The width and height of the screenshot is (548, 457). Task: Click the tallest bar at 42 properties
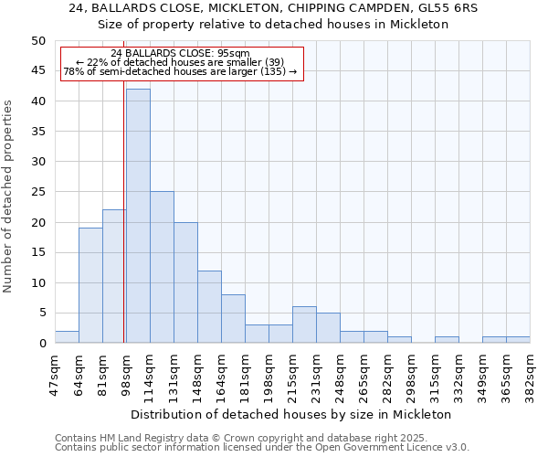click(x=138, y=216)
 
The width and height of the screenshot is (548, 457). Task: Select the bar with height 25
click(x=162, y=267)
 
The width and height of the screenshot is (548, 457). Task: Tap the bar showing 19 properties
click(x=90, y=285)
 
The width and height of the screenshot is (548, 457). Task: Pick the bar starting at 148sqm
click(x=209, y=306)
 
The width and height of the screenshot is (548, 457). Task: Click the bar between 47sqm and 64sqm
click(x=67, y=336)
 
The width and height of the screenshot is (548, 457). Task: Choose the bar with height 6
click(x=304, y=324)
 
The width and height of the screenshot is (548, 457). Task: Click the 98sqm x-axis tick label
click(x=127, y=373)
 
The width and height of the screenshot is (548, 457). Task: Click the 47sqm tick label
click(x=56, y=373)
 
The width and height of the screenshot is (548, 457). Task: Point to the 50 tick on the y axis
click(x=37, y=41)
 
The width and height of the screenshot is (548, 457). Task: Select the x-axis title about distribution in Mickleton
click(x=292, y=414)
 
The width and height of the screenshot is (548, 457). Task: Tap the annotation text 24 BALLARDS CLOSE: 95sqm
click(x=180, y=53)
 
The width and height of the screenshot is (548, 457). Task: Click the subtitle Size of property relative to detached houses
click(x=273, y=25)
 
